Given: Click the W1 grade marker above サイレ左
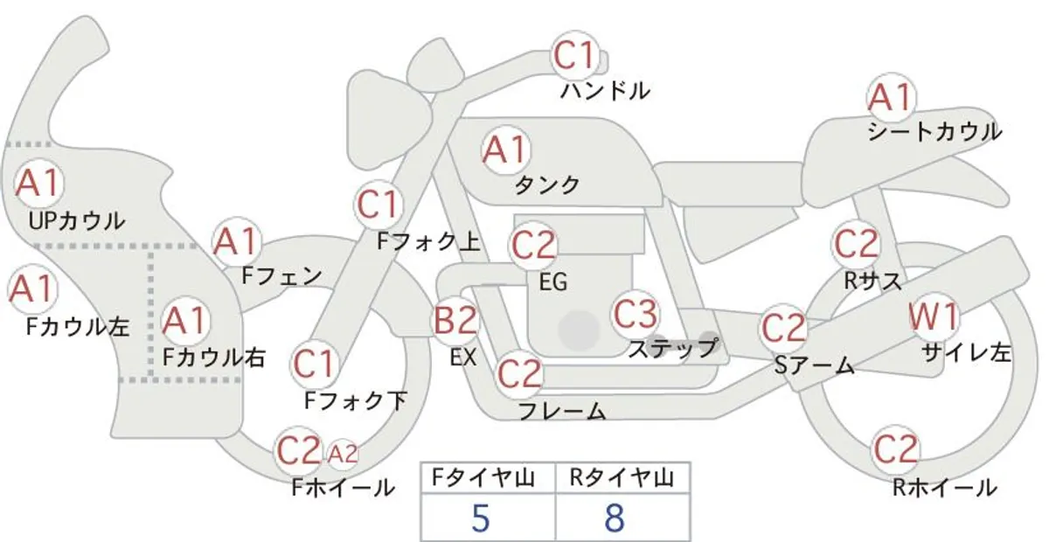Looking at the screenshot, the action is [934, 316].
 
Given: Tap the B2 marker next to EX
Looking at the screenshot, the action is [455, 321].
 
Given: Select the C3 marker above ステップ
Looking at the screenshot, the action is [636, 315].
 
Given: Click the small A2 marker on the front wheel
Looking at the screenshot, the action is [343, 454].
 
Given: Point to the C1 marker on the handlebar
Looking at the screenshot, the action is [575, 55].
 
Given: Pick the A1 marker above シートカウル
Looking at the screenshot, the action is [891, 97].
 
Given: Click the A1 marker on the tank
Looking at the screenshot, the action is [505, 150].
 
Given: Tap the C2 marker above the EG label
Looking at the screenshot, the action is [533, 246].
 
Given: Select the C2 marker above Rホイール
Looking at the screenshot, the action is [895, 448].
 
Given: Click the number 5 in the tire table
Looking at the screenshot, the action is [481, 518].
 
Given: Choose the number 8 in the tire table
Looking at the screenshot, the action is [615, 518].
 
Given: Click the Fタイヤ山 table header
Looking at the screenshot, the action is [483, 478].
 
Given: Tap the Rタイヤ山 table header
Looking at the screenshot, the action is [622, 478].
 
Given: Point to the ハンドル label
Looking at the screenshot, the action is [606, 91].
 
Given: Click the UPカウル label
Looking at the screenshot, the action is [77, 220].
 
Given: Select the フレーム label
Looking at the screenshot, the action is [562, 411].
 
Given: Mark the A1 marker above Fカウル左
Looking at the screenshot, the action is [33, 288].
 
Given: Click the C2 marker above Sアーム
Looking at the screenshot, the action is [783, 327].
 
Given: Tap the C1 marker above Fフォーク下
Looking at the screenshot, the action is [314, 364].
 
